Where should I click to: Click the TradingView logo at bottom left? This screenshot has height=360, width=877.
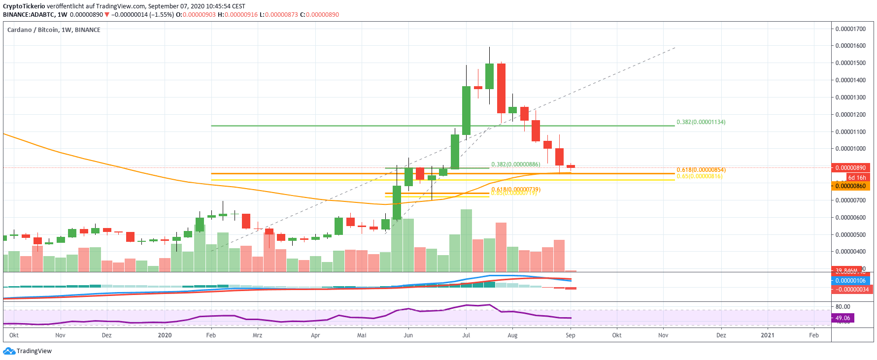pyautogui.click(x=27, y=351)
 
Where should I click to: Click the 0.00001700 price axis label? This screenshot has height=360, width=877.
pyautogui.click(x=850, y=29)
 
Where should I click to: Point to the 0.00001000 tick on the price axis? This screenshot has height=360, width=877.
pyautogui.click(x=850, y=149)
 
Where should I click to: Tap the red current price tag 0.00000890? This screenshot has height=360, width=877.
pyautogui.click(x=850, y=168)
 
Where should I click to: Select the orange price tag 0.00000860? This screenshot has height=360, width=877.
pyautogui.click(x=850, y=186)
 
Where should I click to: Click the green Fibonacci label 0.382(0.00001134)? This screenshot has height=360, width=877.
pyautogui.click(x=701, y=122)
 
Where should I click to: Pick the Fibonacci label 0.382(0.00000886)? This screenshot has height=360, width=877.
pyautogui.click(x=515, y=164)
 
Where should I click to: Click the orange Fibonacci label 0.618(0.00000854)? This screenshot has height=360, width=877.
pyautogui.click(x=701, y=170)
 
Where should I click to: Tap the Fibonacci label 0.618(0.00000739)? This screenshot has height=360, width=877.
pyautogui.click(x=515, y=190)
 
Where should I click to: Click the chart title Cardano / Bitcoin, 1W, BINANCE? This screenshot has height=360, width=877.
pyautogui.click(x=54, y=30)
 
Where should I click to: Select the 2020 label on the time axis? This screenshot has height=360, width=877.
pyautogui.click(x=165, y=335)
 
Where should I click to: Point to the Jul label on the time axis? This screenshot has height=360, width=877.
pyautogui.click(x=466, y=335)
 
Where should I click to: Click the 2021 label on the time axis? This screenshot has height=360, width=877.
pyautogui.click(x=767, y=335)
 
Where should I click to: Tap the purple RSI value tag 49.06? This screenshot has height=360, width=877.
pyautogui.click(x=843, y=318)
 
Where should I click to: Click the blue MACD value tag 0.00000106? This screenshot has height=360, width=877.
pyautogui.click(x=850, y=281)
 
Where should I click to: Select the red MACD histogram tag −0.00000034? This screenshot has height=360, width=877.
pyautogui.click(x=850, y=290)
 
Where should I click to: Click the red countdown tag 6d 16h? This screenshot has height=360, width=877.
pyautogui.click(x=857, y=178)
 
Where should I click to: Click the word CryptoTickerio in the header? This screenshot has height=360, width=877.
pyautogui.click(x=24, y=6)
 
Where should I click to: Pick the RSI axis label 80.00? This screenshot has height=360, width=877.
pyautogui.click(x=843, y=307)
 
